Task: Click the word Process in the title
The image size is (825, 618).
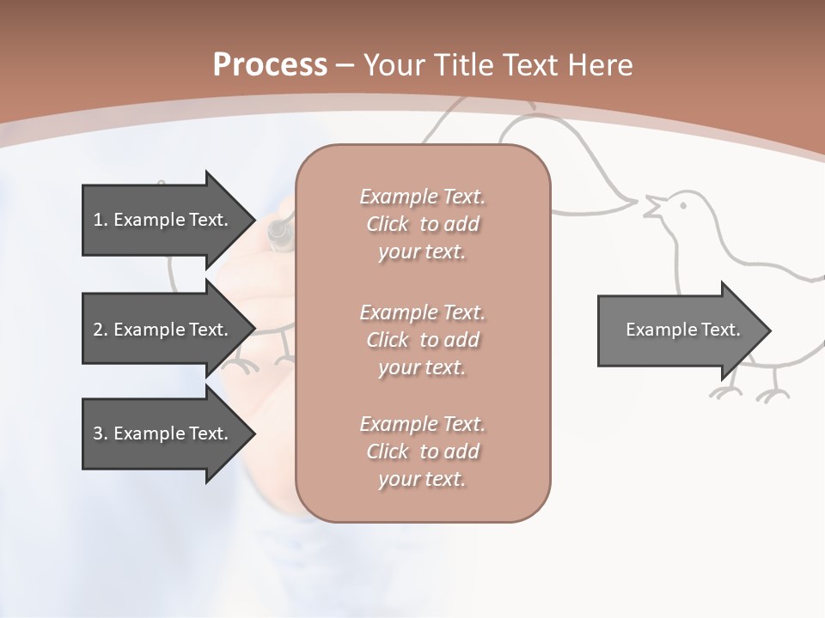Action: [270, 64]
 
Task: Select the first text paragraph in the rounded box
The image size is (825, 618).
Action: [422, 224]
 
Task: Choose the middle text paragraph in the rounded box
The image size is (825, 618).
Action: [422, 340]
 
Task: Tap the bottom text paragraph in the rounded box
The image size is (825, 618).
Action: [422, 451]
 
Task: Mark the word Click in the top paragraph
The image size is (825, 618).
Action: [388, 224]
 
